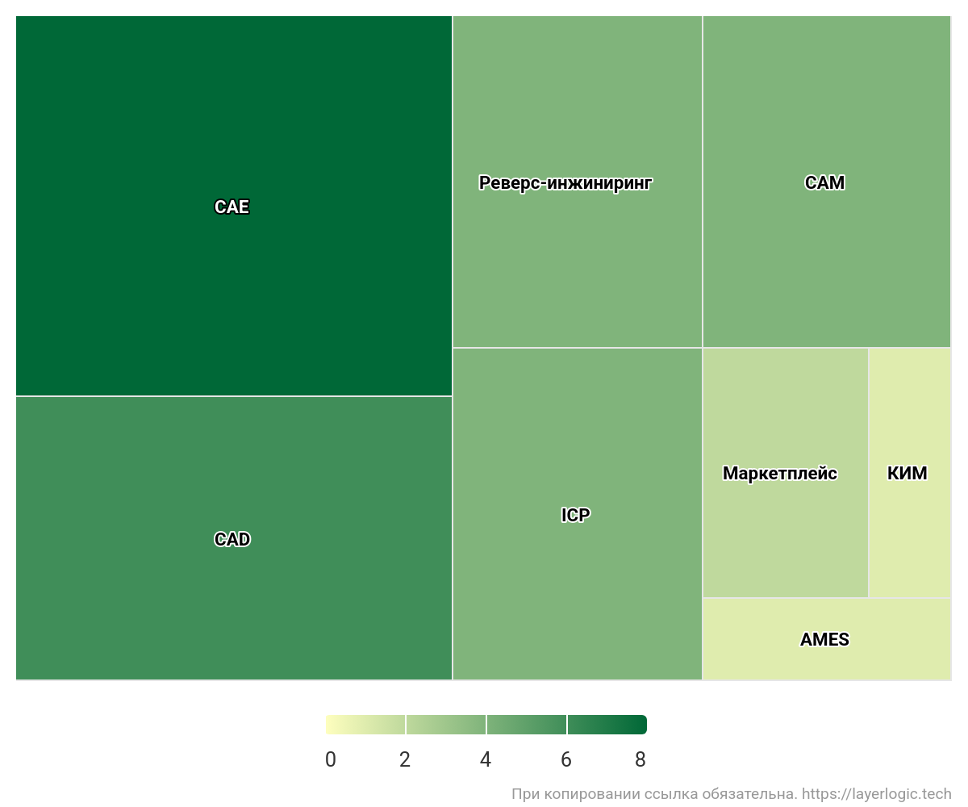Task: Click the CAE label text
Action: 232,207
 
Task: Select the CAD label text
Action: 232,539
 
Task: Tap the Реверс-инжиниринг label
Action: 565,183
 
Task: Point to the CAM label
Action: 824,183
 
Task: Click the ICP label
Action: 575,515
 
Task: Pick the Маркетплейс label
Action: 779,474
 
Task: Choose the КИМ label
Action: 907,474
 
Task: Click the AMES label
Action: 824,640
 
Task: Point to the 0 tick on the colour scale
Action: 331,759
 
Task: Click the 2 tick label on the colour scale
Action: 405,759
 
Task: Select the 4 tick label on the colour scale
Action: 486,759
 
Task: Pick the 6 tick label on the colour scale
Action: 566,759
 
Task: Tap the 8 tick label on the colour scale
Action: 640,759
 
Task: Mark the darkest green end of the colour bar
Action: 642,725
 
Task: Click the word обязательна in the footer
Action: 757,795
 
